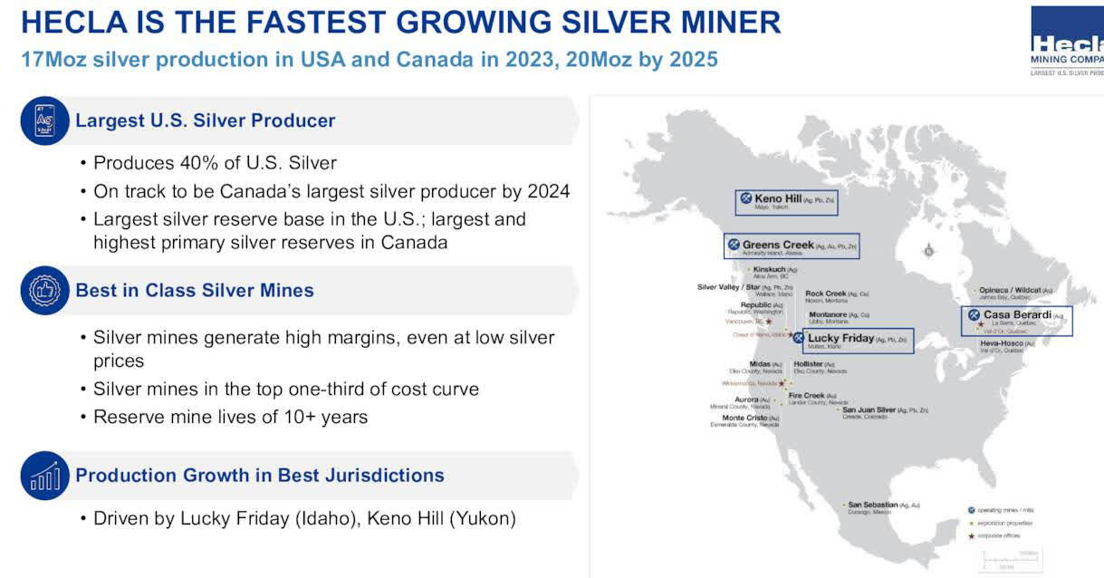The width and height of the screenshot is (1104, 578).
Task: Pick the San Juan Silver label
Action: (x=884, y=411)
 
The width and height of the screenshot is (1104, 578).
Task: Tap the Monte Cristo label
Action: (x=745, y=419)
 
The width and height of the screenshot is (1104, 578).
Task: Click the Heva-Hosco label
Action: (x=1002, y=343)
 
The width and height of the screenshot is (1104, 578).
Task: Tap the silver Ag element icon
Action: (x=44, y=120)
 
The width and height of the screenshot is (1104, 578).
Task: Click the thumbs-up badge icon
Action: (x=44, y=291)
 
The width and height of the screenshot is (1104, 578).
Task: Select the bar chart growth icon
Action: (x=44, y=476)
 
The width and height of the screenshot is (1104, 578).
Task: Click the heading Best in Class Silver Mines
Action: (x=195, y=291)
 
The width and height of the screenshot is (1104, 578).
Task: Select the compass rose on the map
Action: (x=928, y=251)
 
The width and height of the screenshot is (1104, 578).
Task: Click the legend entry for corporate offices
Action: (x=999, y=536)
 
